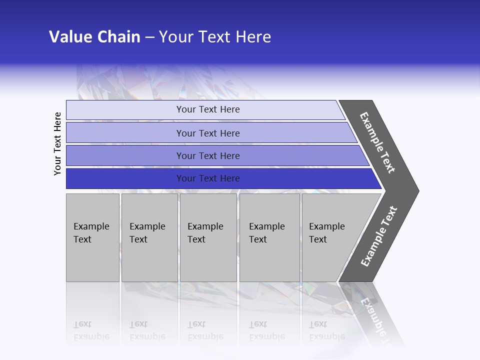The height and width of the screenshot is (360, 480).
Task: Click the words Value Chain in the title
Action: [x=94, y=37]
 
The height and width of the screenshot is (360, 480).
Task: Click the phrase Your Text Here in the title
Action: [x=215, y=37]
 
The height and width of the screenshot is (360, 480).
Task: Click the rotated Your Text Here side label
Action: [x=57, y=143]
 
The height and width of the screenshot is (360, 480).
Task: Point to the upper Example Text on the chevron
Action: [x=378, y=142]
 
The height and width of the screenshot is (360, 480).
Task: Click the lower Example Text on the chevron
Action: [x=379, y=236]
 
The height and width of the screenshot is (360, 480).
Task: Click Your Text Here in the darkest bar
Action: [x=208, y=178]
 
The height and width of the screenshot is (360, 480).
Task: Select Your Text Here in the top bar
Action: [x=208, y=109]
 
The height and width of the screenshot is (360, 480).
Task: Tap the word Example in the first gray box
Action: [x=91, y=226]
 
